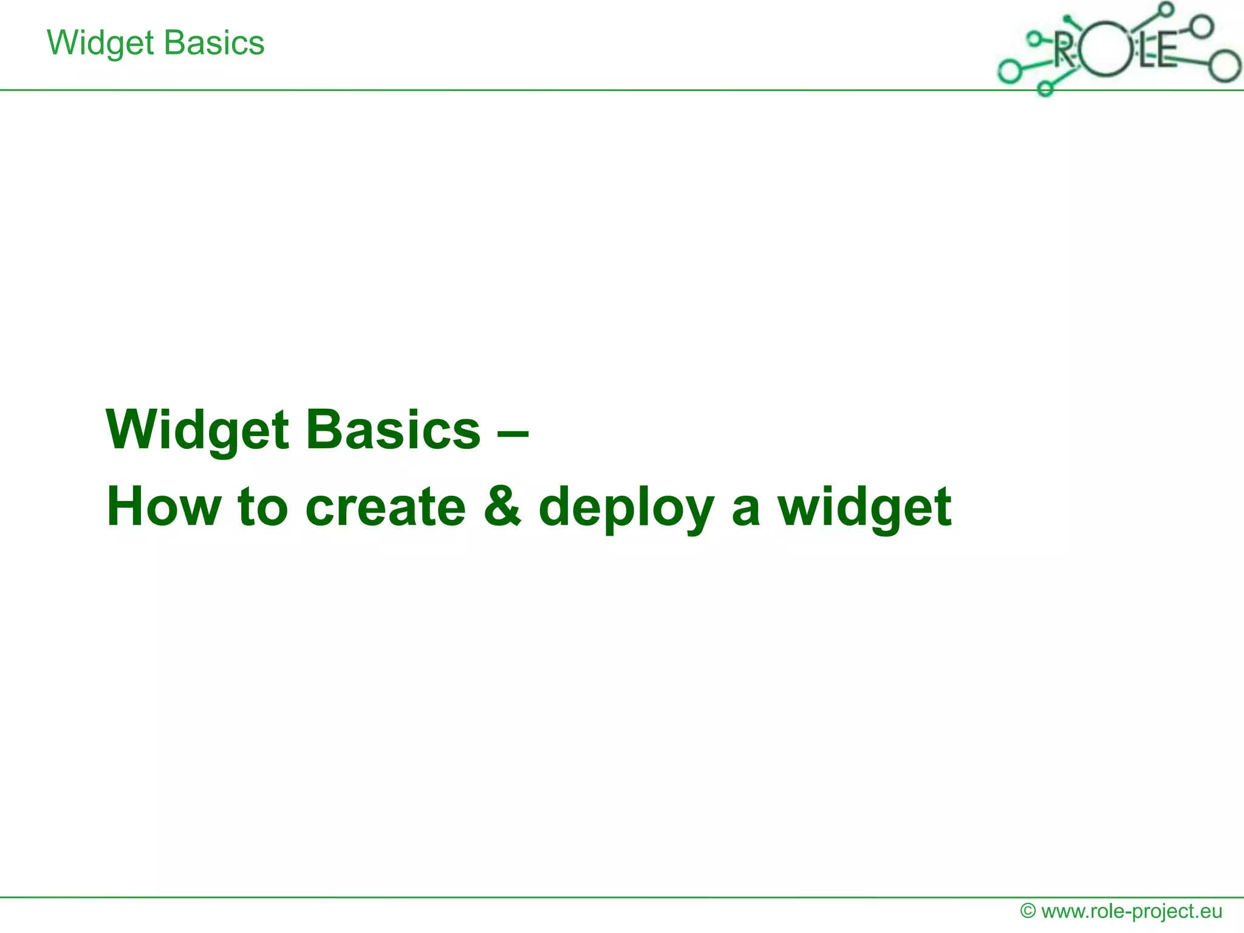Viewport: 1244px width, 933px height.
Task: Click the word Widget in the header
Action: [100, 44]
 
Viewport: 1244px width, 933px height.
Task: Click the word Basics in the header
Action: [214, 44]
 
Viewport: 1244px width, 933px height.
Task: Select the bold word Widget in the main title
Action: [197, 431]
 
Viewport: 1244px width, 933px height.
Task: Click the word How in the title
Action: [163, 507]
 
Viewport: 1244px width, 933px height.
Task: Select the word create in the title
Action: [385, 507]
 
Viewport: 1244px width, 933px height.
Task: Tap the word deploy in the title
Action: [626, 508]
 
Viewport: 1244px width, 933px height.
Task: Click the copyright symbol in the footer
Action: [1028, 911]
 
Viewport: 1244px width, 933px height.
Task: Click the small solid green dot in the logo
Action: [1067, 18]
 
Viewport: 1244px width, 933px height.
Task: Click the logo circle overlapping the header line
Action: [1045, 89]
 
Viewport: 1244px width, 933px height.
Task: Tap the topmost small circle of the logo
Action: [1166, 9]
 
